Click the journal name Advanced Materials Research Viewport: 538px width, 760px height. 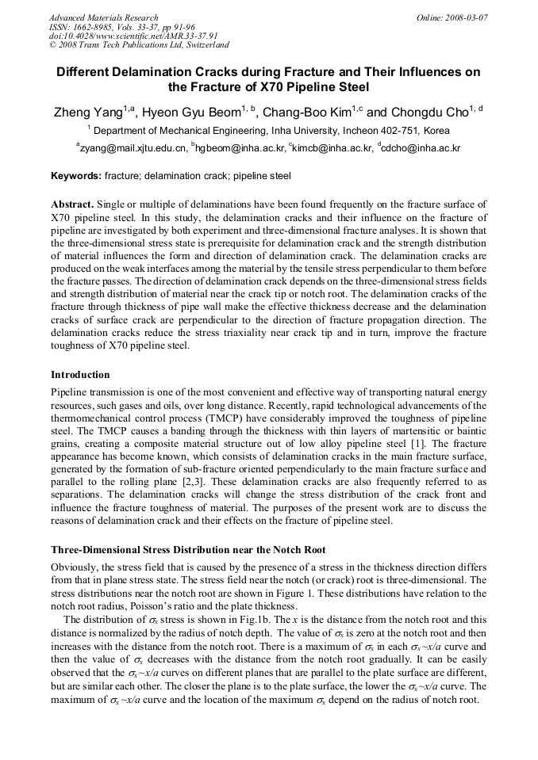pos(103,17)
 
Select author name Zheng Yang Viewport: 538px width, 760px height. pos(86,112)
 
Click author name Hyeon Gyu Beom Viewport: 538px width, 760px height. pos(190,112)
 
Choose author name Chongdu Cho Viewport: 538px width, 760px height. pos(426,112)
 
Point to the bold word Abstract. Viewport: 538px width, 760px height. pos(73,204)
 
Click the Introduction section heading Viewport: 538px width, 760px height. pos(80,374)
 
